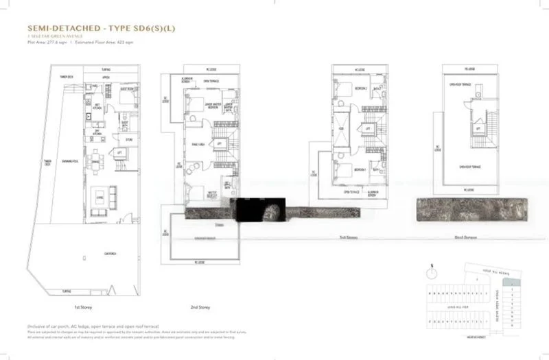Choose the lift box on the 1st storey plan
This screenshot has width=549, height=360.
(120, 153)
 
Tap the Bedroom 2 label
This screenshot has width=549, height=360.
(360, 88)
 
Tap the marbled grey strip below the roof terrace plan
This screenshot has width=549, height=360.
(470, 208)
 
